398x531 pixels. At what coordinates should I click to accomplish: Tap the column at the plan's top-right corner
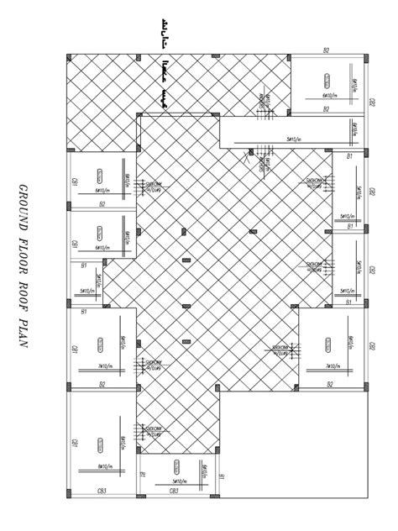click(365, 56)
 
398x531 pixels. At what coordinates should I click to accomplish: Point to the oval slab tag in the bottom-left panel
click(98, 443)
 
